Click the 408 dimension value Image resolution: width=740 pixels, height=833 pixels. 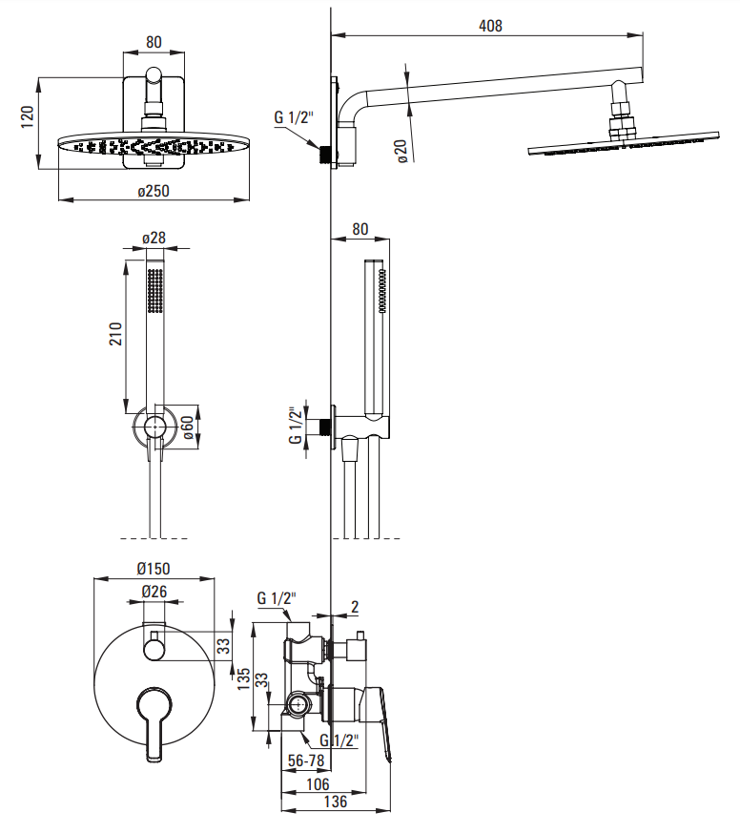[490, 26]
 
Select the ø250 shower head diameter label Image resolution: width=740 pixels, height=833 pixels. [154, 191]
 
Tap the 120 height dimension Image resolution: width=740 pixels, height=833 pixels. [27, 116]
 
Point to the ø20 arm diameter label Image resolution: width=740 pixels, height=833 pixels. [401, 151]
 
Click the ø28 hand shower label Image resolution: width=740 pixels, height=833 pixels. [154, 238]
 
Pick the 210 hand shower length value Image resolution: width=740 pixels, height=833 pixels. [115, 334]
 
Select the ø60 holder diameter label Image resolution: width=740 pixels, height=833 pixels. [187, 427]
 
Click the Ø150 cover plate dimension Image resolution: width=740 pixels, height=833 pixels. [154, 569]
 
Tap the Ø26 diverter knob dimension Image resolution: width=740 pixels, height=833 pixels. [154, 592]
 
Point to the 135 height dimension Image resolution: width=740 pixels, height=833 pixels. [243, 679]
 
